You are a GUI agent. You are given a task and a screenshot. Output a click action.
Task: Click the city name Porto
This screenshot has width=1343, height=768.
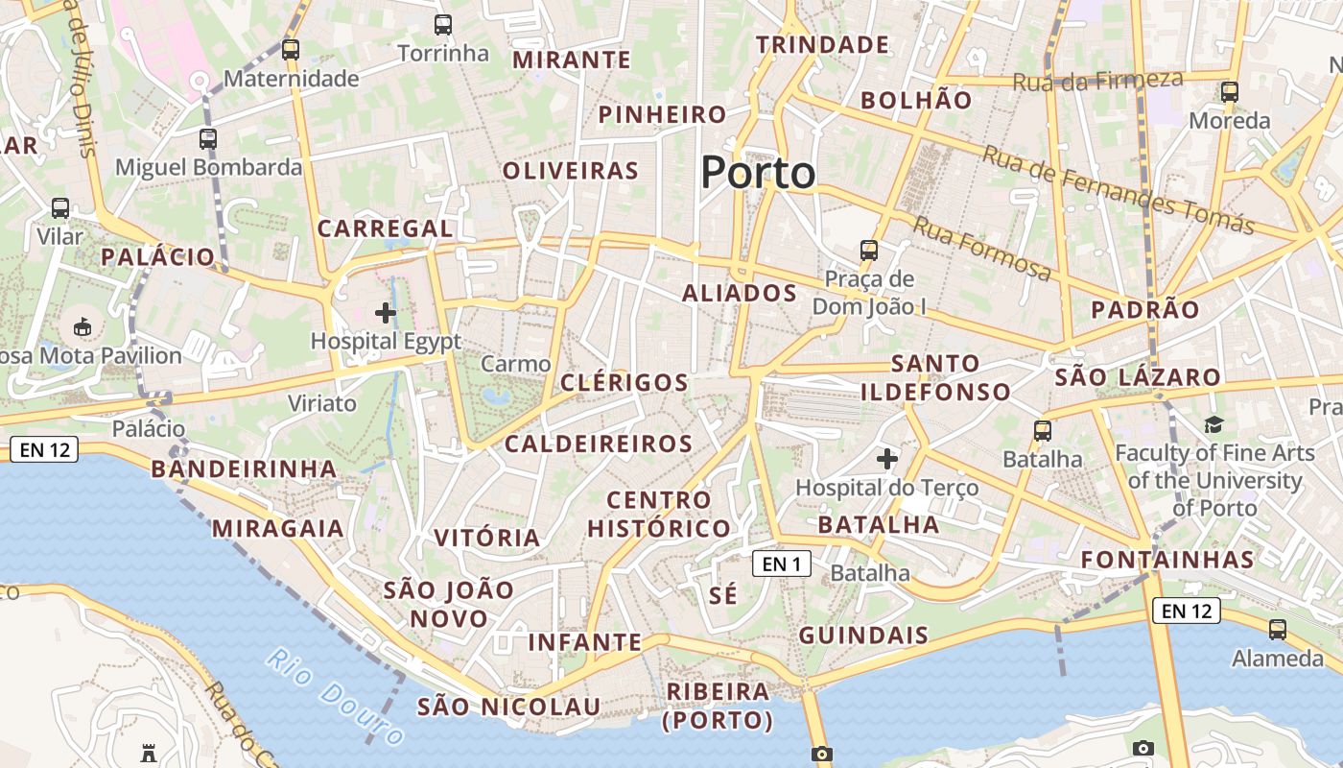[x=758, y=173]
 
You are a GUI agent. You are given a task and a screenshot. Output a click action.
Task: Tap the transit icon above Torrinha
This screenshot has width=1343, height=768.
[x=442, y=26]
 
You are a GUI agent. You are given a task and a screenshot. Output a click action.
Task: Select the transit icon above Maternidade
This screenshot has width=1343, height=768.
[x=291, y=50]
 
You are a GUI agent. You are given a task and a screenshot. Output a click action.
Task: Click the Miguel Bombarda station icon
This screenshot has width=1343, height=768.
[x=208, y=139]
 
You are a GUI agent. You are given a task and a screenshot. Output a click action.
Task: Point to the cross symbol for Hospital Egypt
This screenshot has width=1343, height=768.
[x=386, y=313]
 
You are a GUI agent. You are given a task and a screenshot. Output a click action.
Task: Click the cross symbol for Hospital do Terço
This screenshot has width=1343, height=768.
[x=887, y=460]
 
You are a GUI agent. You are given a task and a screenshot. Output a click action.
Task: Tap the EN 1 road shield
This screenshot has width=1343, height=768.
[x=782, y=564]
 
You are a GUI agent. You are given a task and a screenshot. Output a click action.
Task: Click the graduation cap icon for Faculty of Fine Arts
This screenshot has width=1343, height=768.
[x=1214, y=424]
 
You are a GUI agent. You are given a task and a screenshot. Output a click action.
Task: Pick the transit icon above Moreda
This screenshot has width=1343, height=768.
[x=1229, y=92]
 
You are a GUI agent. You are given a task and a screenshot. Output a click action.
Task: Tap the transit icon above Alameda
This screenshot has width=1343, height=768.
[x=1278, y=630]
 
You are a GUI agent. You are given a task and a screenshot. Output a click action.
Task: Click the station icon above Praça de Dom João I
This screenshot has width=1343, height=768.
[x=869, y=251]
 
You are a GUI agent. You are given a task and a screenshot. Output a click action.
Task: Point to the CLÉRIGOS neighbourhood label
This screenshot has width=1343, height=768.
[x=624, y=383]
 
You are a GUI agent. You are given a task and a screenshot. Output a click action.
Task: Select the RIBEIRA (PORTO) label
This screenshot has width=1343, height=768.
[x=718, y=706]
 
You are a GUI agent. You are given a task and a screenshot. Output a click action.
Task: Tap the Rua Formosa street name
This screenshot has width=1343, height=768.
[x=981, y=249]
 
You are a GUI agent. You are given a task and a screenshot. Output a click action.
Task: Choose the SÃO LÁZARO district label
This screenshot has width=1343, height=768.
[x=1137, y=377]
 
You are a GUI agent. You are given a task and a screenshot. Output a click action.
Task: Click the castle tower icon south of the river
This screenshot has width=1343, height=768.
[x=148, y=752]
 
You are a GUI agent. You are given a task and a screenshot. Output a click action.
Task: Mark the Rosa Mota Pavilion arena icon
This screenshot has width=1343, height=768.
[x=82, y=326]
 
